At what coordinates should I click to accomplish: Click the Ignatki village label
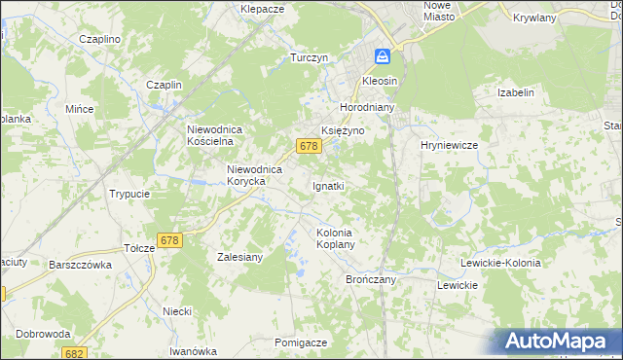(327, 185)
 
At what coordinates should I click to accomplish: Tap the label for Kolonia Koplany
(334, 238)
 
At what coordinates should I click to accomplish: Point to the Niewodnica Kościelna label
(221, 134)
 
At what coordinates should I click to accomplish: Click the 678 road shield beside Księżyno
(309, 146)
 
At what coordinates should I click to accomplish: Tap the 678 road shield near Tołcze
(169, 240)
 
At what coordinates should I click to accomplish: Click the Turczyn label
(308, 57)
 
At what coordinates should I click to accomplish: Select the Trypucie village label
(129, 194)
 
